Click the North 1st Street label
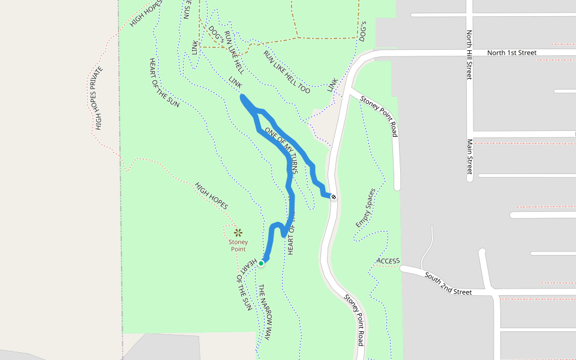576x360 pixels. pyautogui.click(x=511, y=53)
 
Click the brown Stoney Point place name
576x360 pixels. pyautogui.click(x=238, y=245)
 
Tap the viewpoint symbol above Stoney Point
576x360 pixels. pyautogui.click(x=238, y=232)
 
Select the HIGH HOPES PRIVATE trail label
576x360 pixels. pyautogui.click(x=98, y=98)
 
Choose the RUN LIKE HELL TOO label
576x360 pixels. pyautogui.click(x=287, y=71)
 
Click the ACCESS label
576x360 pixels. pyautogui.click(x=388, y=261)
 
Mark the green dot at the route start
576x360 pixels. pyautogui.click(x=261, y=263)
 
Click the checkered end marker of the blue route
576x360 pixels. pyautogui.click(x=334, y=197)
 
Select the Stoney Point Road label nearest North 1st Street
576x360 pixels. pyautogui.click(x=379, y=115)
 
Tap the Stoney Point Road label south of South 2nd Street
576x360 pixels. pyautogui.click(x=354, y=320)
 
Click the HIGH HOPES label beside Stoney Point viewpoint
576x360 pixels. pyautogui.click(x=211, y=196)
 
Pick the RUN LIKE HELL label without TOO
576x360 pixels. pyautogui.click(x=233, y=49)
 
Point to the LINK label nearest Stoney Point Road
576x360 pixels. pyautogui.click(x=332, y=85)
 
